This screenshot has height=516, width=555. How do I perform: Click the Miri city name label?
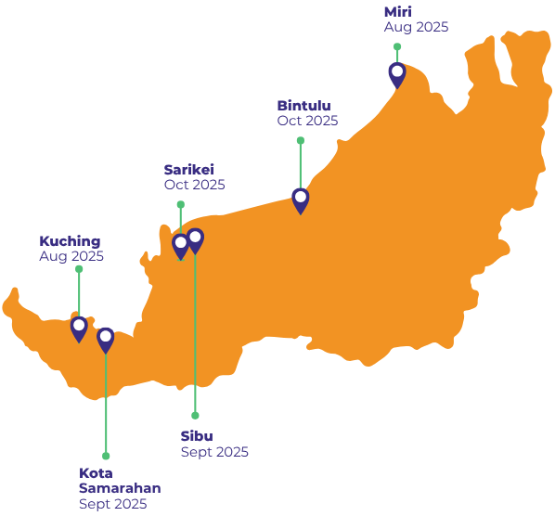click(x=398, y=12)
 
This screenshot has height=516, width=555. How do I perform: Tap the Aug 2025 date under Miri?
click(x=416, y=27)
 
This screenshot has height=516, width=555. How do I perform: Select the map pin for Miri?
click(x=397, y=75)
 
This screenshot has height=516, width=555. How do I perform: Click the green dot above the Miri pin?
click(x=397, y=46)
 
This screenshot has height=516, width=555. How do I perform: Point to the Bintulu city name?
click(x=303, y=106)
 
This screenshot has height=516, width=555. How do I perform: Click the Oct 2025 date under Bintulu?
click(x=307, y=121)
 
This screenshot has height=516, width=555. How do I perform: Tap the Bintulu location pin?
click(x=301, y=201)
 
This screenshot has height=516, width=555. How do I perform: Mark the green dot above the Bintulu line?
click(x=301, y=140)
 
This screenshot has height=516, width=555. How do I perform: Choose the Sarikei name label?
click(x=189, y=170)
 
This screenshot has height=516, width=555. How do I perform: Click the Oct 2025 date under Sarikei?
click(x=194, y=185)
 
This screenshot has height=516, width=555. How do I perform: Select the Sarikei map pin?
click(x=181, y=247)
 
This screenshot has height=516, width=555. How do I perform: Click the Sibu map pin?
click(x=195, y=241)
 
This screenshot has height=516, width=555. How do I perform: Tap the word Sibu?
click(x=197, y=436)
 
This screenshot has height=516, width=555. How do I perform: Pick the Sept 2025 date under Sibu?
click(x=214, y=452)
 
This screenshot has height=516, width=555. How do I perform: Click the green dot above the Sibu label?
click(x=195, y=415)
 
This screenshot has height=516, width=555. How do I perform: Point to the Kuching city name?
click(x=70, y=241)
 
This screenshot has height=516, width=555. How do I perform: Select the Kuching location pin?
click(x=79, y=329)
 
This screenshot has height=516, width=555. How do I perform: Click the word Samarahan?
click(x=120, y=488)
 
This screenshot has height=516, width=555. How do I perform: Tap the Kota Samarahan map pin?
click(x=106, y=341)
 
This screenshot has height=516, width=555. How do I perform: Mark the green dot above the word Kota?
click(x=106, y=456)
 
